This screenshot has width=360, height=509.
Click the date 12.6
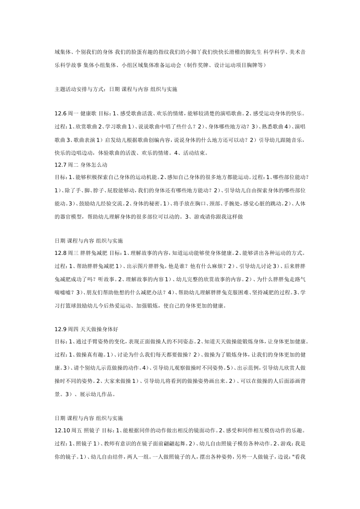[x=61, y=114]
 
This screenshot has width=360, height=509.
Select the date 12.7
[x=61, y=165]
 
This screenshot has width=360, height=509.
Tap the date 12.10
[x=62, y=431]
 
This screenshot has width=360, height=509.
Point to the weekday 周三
[x=73, y=253]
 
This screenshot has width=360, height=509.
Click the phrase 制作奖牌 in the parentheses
[x=197, y=65]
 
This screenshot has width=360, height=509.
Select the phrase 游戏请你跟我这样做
[x=218, y=217]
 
